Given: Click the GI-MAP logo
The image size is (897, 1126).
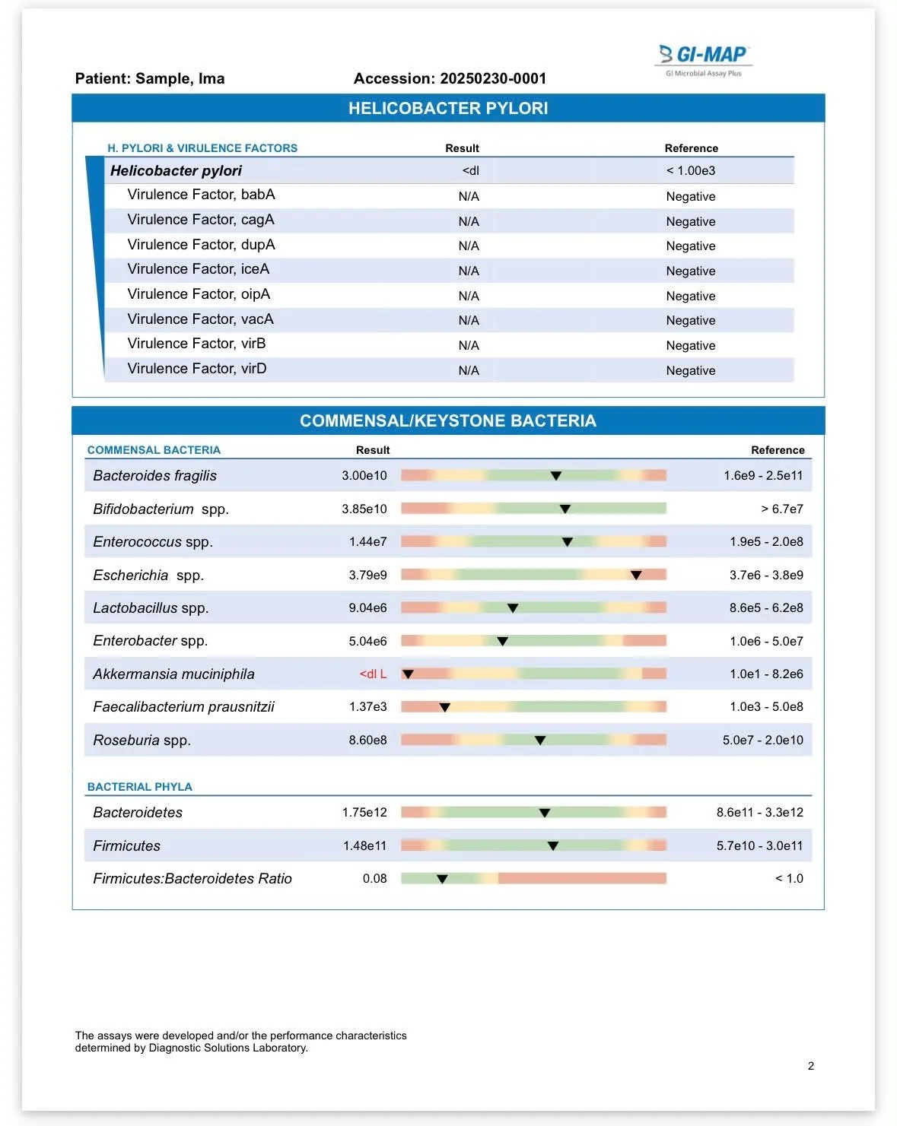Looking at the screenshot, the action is (703, 60).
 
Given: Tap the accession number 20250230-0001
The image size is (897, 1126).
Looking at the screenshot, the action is (493, 78).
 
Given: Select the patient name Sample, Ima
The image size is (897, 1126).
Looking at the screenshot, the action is (180, 78).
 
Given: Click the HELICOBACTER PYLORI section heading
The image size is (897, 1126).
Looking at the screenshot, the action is (448, 108).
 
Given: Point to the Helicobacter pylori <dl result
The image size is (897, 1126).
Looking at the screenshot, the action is (470, 170).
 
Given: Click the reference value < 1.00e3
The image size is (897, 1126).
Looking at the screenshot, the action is (690, 170).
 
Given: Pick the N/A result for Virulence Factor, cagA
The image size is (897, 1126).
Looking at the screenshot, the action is (469, 221).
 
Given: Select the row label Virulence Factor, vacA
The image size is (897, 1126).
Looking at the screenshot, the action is (200, 319).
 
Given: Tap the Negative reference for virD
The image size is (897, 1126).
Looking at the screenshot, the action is (690, 370).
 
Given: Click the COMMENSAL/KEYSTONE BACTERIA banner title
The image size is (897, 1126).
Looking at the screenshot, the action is (448, 420).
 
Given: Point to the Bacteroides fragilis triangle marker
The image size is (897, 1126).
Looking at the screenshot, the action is (556, 476).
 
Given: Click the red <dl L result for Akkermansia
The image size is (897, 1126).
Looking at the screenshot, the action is (373, 674).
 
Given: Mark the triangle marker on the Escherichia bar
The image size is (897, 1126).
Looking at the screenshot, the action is (636, 575).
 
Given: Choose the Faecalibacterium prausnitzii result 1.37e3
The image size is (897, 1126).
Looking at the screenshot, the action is (367, 707).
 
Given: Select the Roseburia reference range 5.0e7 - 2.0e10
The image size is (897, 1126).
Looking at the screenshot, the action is (762, 740).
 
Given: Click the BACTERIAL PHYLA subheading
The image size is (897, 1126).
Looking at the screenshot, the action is (140, 787).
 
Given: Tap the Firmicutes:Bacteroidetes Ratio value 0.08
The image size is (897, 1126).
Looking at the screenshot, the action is (374, 878).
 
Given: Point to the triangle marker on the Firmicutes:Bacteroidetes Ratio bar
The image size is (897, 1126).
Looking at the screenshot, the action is (442, 879).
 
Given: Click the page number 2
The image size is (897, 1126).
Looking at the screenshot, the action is (810, 1066).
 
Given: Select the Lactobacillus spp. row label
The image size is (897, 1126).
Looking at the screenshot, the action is (151, 608).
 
